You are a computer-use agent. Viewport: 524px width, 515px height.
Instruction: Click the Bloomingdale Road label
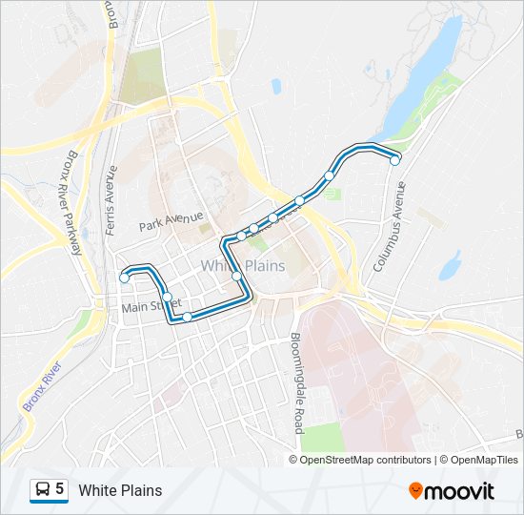(x=296, y=382)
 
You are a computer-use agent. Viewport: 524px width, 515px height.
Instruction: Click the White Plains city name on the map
(x=243, y=265)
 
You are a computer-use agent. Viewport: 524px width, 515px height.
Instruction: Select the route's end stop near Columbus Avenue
(x=394, y=160)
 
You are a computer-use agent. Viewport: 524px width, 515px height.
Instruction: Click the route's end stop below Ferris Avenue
(x=125, y=278)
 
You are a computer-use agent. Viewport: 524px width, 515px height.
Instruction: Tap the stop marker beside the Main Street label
(x=167, y=298)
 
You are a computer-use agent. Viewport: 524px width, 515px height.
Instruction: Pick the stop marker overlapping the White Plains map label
(x=236, y=277)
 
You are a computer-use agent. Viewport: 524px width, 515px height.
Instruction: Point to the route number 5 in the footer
(x=60, y=490)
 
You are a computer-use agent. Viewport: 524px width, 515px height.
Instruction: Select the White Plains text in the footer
(x=120, y=491)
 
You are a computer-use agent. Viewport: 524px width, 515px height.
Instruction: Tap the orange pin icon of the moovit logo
(x=415, y=491)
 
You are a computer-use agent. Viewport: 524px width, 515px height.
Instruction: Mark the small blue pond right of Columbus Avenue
(x=450, y=264)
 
